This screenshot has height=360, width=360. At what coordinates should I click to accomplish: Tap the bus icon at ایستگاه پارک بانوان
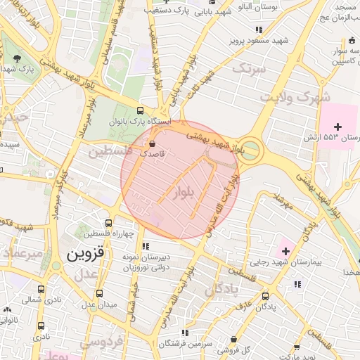(x=140, y=110)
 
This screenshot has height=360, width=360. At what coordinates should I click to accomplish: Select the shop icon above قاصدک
(x=153, y=143)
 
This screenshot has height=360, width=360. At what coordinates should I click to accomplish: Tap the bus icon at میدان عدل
(x=100, y=293)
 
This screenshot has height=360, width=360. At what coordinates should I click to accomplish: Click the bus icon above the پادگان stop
(x=265, y=296)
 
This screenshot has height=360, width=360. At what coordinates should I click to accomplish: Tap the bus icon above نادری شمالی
(x=41, y=288)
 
